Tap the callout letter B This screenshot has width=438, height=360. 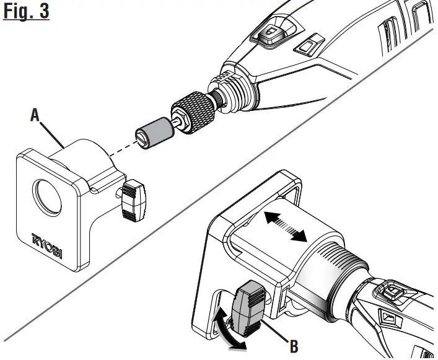point(293,344)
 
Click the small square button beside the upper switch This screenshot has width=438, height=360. point(307,45)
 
